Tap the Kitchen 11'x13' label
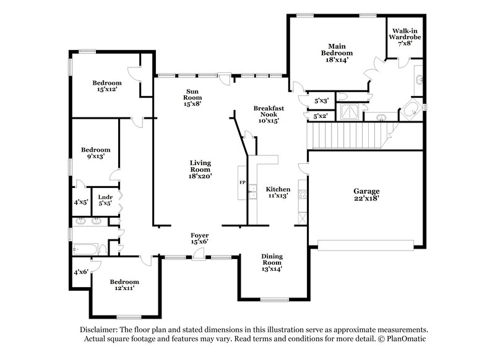coord(278,192)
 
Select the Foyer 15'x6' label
coord(199,238)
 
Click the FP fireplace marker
coord(242,183)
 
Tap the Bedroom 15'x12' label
coord(107,86)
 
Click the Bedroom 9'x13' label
coord(96,153)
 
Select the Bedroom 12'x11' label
coord(121,285)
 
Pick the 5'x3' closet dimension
coord(321,100)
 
